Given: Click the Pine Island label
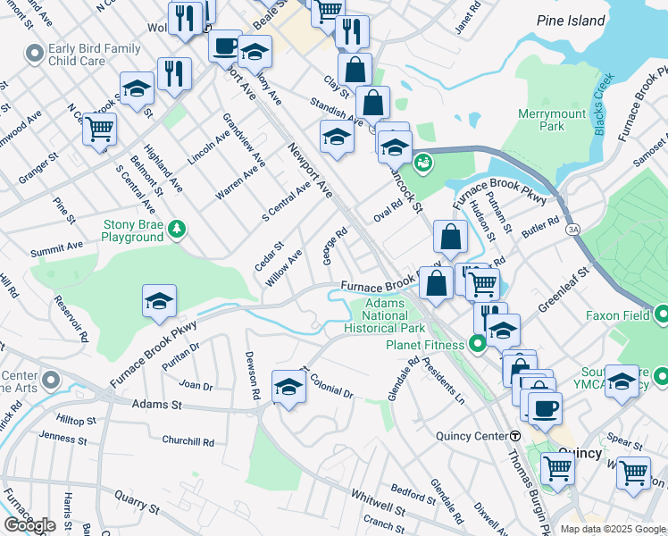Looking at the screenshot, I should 572,21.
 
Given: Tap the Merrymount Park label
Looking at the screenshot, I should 541,121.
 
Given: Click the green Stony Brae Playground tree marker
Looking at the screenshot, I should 179,230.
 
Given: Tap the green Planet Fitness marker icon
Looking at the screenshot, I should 479,343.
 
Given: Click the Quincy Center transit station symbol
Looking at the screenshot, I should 515,435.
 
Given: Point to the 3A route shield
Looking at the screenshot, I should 572,230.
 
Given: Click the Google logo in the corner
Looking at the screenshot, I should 29,524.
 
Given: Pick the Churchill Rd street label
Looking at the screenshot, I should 188,441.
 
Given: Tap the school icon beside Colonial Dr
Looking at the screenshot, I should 289,386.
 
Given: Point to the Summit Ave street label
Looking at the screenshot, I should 57,245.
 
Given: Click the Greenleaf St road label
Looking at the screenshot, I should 565,287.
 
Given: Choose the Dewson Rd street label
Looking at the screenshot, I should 252,374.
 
